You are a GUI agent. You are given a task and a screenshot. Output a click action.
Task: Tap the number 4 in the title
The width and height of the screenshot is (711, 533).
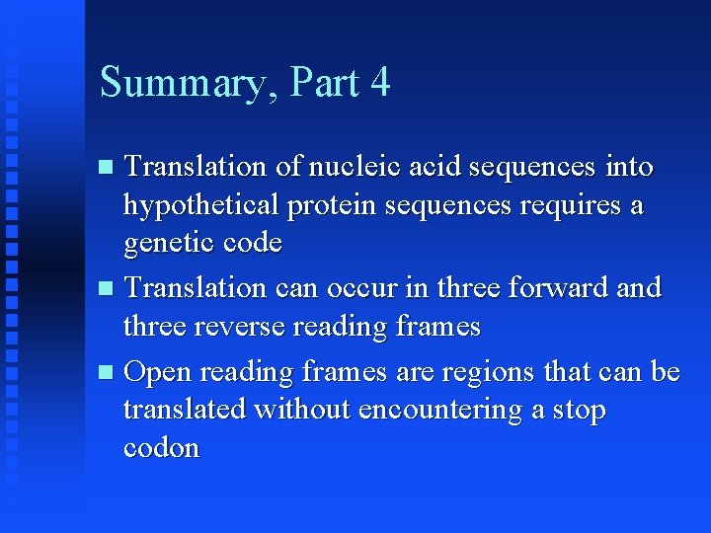click(380, 82)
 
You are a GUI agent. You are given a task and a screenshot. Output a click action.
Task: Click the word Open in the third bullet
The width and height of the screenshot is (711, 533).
click(159, 372)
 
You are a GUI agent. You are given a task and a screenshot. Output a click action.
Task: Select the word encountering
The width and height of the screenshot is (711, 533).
click(440, 409)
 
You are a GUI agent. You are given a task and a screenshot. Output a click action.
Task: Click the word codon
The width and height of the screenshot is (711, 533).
click(161, 447)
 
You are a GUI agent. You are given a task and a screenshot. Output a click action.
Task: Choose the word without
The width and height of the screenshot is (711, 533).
click(302, 409)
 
